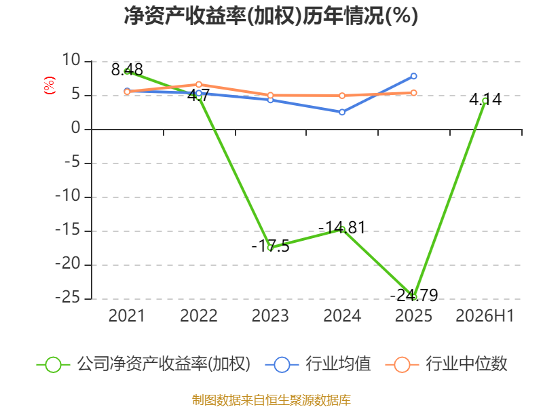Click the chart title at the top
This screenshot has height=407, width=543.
[x=271, y=16]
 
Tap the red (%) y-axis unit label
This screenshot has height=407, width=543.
[x=49, y=85]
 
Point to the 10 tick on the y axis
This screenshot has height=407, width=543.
[x=71, y=60]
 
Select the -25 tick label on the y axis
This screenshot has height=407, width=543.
[x=68, y=298]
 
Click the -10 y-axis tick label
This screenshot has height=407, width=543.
[x=68, y=196]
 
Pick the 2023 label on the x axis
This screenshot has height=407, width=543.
[x=270, y=316]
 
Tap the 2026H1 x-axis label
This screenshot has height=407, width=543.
[x=485, y=316]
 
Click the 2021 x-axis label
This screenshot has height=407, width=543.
[x=126, y=316]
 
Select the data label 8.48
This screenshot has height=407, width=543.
[x=127, y=70]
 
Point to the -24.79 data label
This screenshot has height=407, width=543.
[x=414, y=295]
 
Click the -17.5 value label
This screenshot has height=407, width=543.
[x=270, y=246]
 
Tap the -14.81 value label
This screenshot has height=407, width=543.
[x=342, y=228]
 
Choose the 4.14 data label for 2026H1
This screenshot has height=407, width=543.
[x=485, y=100]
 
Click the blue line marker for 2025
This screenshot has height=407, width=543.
[x=413, y=76]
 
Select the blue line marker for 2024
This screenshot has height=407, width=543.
[x=342, y=112]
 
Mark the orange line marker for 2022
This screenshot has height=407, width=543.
[x=199, y=84]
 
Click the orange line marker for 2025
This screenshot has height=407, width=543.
[x=413, y=93]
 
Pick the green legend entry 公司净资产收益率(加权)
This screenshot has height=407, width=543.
[x=143, y=364]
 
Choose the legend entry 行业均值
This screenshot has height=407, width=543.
[x=318, y=364]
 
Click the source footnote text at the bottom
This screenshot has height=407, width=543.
[x=271, y=400]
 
